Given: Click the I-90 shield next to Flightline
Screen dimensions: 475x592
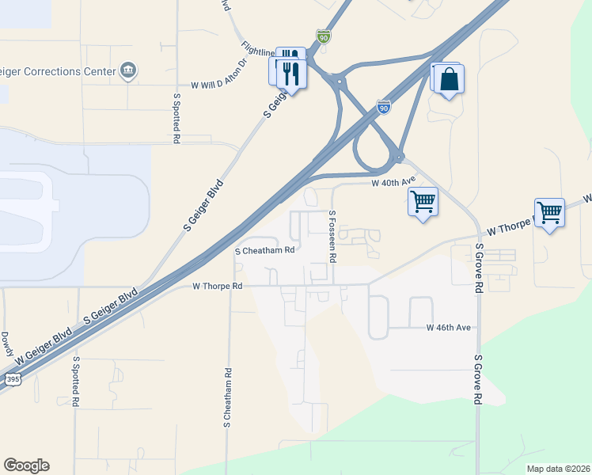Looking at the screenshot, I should coord(323,36).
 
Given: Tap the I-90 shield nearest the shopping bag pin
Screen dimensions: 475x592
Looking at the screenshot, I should coord(383,106).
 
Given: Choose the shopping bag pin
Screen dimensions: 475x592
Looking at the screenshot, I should coord(449,81).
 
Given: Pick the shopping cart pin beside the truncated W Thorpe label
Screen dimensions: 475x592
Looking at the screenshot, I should coord(549,211).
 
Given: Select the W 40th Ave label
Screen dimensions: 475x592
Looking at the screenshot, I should coord(393,182).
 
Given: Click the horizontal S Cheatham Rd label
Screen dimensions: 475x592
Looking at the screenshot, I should coord(265,250).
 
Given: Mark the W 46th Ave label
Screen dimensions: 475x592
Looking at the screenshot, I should coord(449,327).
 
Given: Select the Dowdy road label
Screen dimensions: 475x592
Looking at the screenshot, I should coord(6,344).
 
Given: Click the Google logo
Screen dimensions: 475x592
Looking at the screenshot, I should coord(26,465).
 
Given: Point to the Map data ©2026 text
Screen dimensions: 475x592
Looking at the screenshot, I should coord(556,469).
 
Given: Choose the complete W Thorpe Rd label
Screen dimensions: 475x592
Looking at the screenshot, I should coord(216,286).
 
